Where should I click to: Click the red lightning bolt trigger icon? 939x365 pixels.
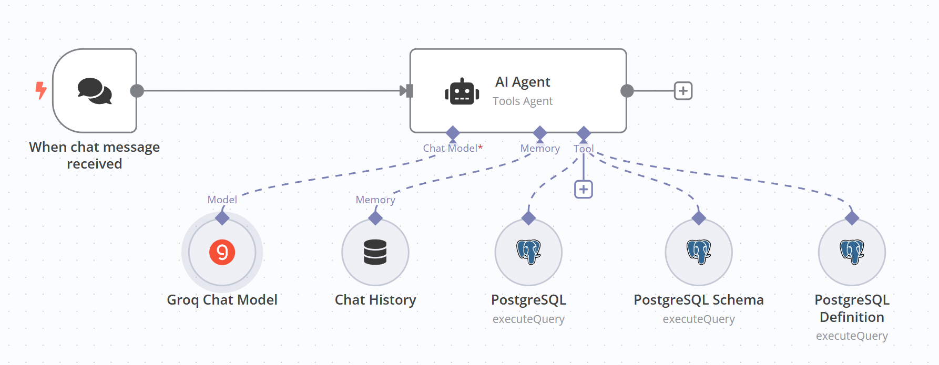tap(40, 90)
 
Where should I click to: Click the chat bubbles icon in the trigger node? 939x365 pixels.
tap(95, 91)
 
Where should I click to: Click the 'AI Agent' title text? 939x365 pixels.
tap(523, 82)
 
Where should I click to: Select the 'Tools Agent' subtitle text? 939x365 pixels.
tap(523, 101)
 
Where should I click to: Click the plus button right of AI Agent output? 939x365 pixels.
tap(683, 91)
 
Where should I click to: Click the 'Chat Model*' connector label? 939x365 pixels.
tap(452, 148)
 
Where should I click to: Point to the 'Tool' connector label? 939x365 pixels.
tap(584, 149)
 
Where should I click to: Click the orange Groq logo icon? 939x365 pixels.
tap(222, 252)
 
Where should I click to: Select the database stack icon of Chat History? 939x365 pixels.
tap(375, 252)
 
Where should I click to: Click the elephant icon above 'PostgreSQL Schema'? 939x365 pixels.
tap(699, 252)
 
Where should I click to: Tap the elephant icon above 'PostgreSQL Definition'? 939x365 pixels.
tap(852, 252)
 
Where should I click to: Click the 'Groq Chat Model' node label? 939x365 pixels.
tap(222, 300)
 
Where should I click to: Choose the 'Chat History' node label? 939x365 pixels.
tap(375, 300)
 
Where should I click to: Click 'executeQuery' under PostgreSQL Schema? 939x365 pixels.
tap(699, 319)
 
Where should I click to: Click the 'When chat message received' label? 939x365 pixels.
tap(95, 155)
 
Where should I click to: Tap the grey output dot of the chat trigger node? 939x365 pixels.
tap(137, 91)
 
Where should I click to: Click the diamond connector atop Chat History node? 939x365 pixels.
tap(375, 217)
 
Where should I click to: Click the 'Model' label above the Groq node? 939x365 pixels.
tap(222, 200)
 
